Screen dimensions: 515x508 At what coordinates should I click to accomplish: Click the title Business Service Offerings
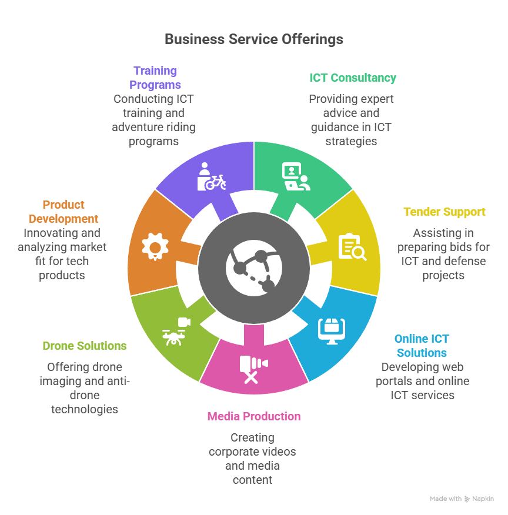pyautogui.click(x=253, y=39)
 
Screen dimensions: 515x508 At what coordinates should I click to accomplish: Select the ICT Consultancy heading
pyautogui.click(x=353, y=78)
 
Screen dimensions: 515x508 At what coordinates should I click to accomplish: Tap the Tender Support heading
pyautogui.click(x=444, y=212)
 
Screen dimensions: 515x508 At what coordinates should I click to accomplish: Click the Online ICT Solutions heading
pyautogui.click(x=422, y=346)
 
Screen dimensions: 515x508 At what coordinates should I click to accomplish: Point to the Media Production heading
pyautogui.click(x=253, y=416)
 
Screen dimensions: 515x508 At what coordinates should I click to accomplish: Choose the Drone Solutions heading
pyautogui.click(x=85, y=346)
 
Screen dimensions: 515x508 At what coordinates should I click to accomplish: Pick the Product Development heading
pyautogui.click(x=63, y=212)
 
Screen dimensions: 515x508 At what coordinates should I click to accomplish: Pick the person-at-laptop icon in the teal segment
pyautogui.click(x=296, y=176)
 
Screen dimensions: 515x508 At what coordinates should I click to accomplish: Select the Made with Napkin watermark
pyautogui.click(x=462, y=499)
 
